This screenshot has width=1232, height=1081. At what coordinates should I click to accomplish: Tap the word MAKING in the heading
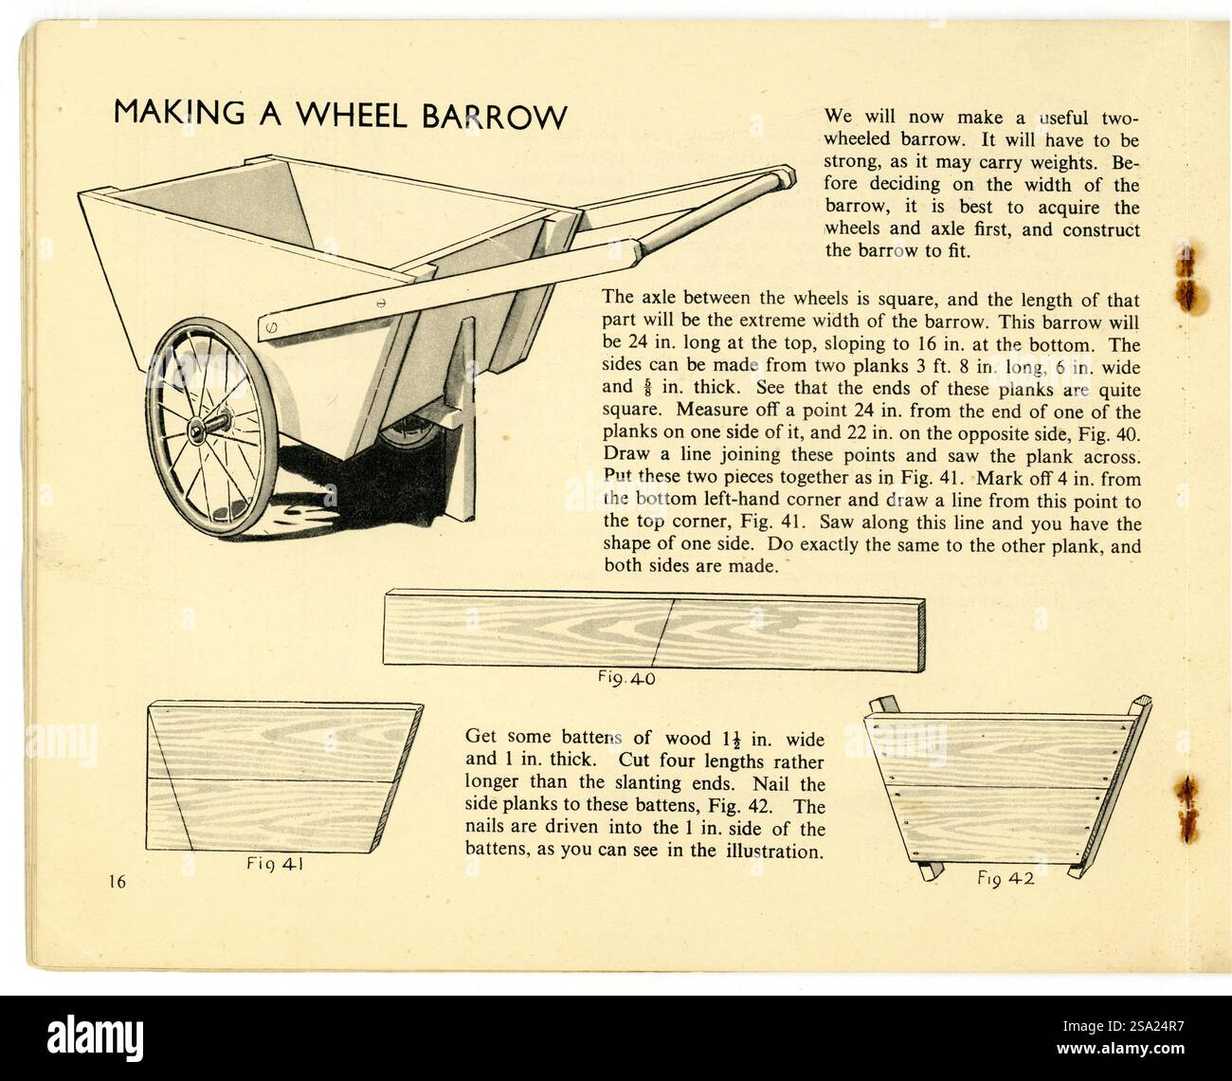[x=179, y=113]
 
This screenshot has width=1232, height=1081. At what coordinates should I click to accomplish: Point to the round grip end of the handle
[x=783, y=179]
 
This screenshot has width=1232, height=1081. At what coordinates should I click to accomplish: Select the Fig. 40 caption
[x=625, y=679]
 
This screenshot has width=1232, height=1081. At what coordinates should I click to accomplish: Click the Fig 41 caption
[x=274, y=864]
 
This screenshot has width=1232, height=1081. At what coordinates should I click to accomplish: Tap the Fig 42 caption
[x=1006, y=878]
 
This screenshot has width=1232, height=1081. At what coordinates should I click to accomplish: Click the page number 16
[x=118, y=881]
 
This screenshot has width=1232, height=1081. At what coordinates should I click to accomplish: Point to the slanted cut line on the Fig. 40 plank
[x=662, y=632]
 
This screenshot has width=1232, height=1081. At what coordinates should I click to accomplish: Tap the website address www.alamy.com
[x=1120, y=1049]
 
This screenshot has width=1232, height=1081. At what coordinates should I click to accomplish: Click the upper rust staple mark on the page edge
[x=1186, y=277]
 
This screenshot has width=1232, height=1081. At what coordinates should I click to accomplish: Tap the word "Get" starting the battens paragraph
[x=480, y=737]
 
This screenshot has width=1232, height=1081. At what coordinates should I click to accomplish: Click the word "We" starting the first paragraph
[x=838, y=116]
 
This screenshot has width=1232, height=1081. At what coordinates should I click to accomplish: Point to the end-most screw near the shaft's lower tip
[x=272, y=327]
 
